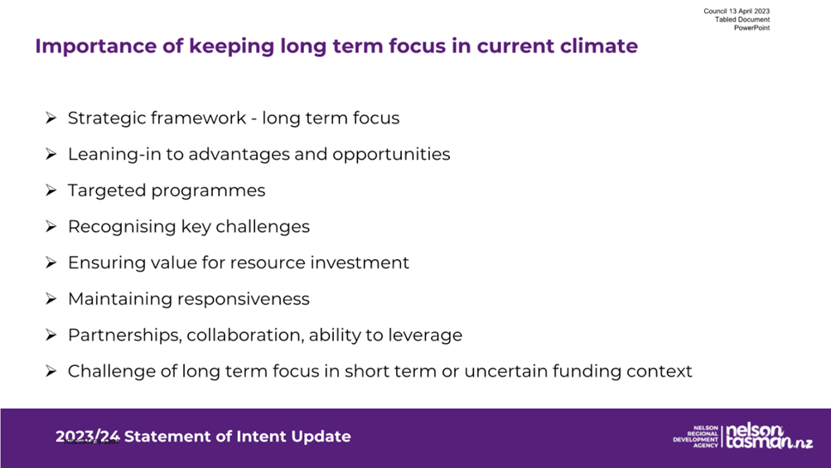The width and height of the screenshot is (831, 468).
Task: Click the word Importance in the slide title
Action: pyautogui.click(x=95, y=46)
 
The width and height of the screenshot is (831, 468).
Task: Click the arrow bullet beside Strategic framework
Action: pyautogui.click(x=51, y=118)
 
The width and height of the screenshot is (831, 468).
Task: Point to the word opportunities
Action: pyautogui.click(x=391, y=155)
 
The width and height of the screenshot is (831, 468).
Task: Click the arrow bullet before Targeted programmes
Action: pyautogui.click(x=51, y=191)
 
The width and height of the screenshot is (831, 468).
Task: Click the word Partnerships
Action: pyautogui.click(x=124, y=335)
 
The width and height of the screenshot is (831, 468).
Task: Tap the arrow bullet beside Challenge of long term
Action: pyautogui.click(x=51, y=371)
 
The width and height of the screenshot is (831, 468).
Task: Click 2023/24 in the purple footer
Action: pyautogui.click(x=88, y=437)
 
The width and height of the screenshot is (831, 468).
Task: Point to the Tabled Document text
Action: pyautogui.click(x=742, y=20)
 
